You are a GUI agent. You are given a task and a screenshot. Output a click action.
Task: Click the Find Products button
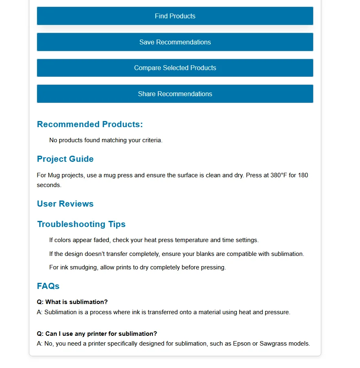pyautogui.click(x=175, y=16)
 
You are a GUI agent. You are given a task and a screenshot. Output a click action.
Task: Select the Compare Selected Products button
pyautogui.click(x=175, y=68)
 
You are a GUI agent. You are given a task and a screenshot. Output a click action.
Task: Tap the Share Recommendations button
pyautogui.click(x=175, y=94)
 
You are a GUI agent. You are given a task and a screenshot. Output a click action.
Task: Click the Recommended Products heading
pyautogui.click(x=90, y=124)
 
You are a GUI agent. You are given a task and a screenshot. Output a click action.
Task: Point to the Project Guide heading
pyautogui.click(x=65, y=159)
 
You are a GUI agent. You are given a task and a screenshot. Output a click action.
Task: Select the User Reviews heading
pyautogui.click(x=65, y=204)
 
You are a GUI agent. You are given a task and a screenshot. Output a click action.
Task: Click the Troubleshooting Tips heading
pyautogui.click(x=81, y=224)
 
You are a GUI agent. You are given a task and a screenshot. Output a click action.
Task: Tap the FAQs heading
pyautogui.click(x=48, y=286)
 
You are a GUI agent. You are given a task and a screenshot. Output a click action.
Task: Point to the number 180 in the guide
pyautogui.click(x=303, y=175)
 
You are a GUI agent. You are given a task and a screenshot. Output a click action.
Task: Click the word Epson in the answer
pyautogui.click(x=242, y=344)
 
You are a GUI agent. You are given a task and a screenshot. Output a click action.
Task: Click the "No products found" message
pyautogui.click(x=106, y=140)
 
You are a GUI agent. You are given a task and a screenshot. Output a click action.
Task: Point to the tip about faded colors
pyautogui.click(x=154, y=240)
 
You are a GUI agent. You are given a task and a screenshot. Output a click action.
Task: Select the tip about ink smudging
pyautogui.click(x=137, y=267)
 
